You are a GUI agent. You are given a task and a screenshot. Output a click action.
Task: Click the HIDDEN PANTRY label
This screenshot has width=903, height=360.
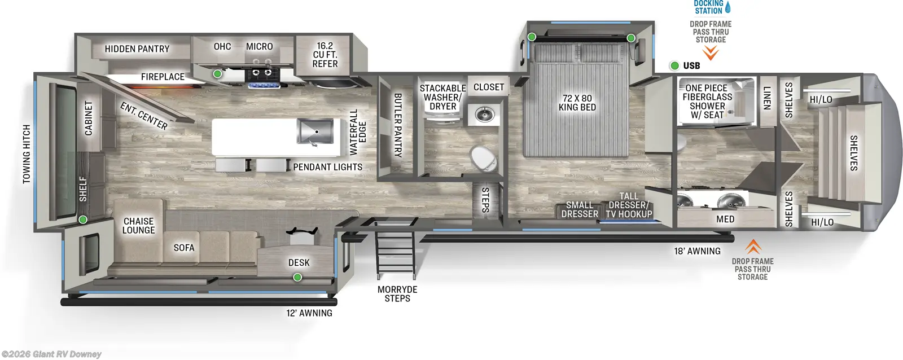point(137,49)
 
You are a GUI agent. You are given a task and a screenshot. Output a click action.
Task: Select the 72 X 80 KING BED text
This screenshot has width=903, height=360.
point(577,103)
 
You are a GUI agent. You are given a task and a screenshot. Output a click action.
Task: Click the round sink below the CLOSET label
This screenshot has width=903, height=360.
point(484,115)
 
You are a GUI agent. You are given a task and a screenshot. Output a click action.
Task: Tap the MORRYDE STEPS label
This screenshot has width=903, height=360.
point(397,294)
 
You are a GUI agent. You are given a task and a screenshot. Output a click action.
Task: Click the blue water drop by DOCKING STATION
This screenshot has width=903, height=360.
point(727,7)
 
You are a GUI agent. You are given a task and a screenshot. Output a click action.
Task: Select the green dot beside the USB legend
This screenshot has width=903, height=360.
point(674,65)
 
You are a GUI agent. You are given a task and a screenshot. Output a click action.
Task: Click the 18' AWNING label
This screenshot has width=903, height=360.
point(697,251)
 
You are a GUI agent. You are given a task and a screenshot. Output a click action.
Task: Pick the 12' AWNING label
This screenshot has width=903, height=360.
point(309,313)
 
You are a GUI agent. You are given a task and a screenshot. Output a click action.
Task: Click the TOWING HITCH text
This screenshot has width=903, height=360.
point(27,154)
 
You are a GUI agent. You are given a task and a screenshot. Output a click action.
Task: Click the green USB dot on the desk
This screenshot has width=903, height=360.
point(297,277)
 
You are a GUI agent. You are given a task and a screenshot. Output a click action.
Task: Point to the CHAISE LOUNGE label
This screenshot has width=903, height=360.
point(138,226)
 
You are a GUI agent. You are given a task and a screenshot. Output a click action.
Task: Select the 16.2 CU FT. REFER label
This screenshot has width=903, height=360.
point(325,55)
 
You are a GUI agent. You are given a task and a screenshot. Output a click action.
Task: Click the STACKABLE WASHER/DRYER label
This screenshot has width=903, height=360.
point(442,97)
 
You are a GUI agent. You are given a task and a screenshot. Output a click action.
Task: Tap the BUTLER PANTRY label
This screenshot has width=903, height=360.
point(397,125)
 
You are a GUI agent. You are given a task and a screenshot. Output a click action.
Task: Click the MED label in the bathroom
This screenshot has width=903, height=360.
point(725,219)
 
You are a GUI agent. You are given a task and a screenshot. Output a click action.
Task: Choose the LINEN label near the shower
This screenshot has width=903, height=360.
point(766,98)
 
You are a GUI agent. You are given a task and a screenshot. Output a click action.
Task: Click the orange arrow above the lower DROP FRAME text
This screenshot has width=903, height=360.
point(753,247)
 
